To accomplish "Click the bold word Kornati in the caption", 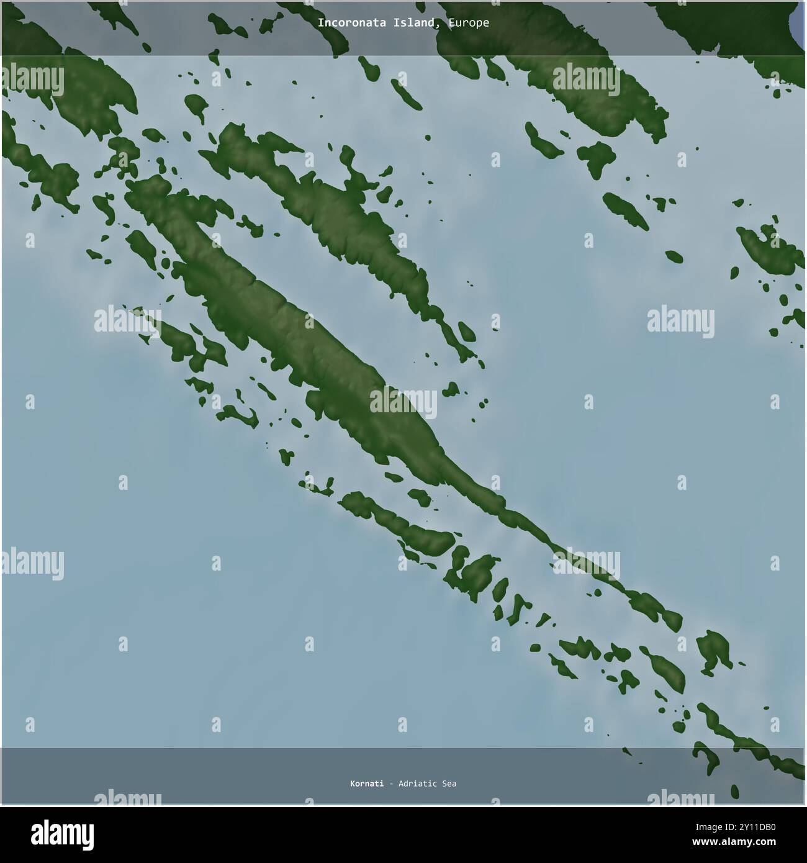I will [x=366, y=784].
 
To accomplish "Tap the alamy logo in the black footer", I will [x=62, y=833].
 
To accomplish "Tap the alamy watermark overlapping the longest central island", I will [x=403, y=402].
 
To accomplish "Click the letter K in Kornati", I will [x=353, y=784].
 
